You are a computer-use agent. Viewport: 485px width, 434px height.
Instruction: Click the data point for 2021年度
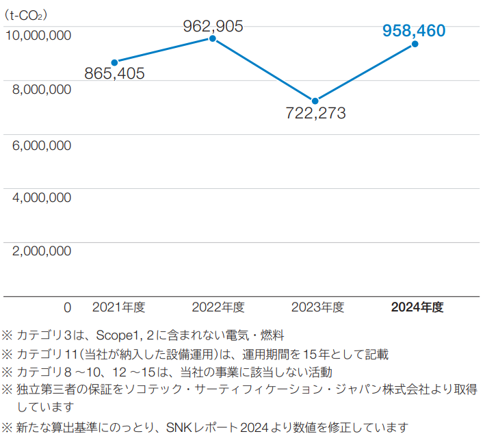click(114, 62)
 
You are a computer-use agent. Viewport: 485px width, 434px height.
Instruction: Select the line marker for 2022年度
click(213, 39)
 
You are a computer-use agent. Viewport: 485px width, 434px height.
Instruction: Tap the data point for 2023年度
click(315, 101)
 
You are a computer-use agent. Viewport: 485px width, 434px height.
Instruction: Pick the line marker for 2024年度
click(415, 44)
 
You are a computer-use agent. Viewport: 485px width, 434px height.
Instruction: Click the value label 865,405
click(114, 73)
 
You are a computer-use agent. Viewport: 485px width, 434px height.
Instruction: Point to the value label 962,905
click(213, 26)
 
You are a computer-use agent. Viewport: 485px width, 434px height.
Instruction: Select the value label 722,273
click(315, 113)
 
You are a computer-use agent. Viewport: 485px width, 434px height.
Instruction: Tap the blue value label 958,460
click(414, 31)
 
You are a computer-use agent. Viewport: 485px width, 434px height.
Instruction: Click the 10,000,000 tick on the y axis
click(38, 35)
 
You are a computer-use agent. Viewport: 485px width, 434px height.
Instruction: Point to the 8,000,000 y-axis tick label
click(42, 89)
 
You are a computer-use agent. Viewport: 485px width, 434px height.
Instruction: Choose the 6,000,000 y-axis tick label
click(42, 144)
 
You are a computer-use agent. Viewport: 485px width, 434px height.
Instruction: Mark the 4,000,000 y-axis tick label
click(42, 198)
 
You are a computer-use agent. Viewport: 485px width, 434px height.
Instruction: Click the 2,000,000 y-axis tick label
click(42, 251)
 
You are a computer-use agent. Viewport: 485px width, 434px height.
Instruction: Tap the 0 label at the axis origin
click(67, 307)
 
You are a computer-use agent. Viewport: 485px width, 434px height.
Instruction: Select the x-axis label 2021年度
click(118, 307)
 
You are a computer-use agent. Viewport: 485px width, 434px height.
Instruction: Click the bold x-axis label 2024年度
click(417, 307)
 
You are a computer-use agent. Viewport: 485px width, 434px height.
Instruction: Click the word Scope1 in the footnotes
click(117, 335)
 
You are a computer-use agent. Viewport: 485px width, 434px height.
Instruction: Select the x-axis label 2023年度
click(317, 307)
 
